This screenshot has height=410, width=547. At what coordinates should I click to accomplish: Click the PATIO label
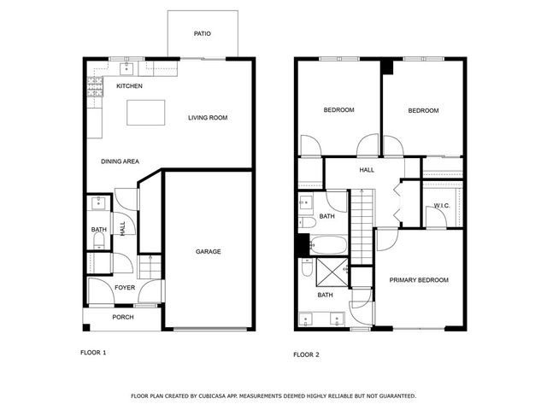click(203, 34)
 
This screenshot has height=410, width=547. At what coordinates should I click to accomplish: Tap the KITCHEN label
click(129, 86)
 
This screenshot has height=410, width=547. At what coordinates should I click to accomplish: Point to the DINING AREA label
click(120, 161)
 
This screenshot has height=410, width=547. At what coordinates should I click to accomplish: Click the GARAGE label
click(209, 251)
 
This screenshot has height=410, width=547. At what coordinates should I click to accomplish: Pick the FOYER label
click(125, 288)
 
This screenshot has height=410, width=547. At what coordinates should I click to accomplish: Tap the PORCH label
click(124, 318)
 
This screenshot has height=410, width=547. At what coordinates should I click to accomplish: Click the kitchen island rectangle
click(145, 113)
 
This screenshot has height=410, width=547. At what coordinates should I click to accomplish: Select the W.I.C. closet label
click(442, 206)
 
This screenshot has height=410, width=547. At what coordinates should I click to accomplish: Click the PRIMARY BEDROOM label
click(419, 280)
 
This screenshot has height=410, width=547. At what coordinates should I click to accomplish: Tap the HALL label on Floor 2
click(367, 170)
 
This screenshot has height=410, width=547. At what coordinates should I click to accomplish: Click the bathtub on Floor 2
click(327, 247)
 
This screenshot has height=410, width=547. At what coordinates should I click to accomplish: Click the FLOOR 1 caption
click(93, 352)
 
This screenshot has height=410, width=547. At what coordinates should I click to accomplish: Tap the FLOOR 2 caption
click(306, 354)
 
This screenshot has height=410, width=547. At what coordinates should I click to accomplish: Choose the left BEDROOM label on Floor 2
click(338, 110)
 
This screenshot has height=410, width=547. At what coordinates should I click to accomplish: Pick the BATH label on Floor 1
click(99, 230)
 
